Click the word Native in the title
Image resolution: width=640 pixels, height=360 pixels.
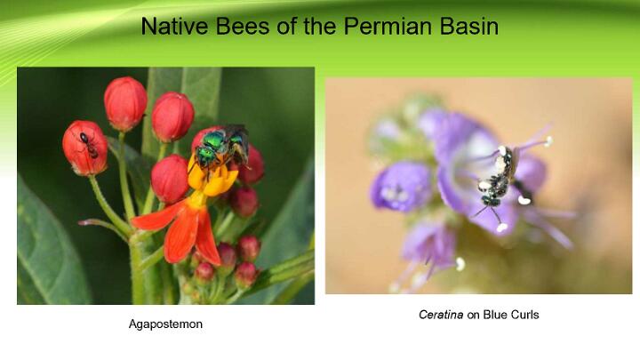(x=175, y=26)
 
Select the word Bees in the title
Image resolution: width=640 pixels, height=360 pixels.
(x=243, y=26)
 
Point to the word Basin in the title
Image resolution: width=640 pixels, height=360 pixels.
(x=469, y=26)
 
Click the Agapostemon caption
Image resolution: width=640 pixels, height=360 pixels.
(x=165, y=324)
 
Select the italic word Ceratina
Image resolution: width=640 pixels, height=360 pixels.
(x=441, y=315)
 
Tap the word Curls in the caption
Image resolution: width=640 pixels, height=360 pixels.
(x=524, y=315)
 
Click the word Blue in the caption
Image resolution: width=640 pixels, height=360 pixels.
(x=494, y=315)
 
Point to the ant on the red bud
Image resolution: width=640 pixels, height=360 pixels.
(x=89, y=145)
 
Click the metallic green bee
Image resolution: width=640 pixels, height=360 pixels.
(x=220, y=148)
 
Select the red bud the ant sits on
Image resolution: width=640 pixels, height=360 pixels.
(x=85, y=148)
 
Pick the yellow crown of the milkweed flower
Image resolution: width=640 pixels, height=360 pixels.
(x=212, y=178)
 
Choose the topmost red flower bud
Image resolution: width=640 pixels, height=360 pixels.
(x=125, y=104)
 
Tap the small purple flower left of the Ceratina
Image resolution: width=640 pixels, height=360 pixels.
(x=400, y=187)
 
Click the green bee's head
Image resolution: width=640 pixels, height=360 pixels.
(x=206, y=155)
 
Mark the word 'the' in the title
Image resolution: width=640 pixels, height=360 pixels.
(x=320, y=26)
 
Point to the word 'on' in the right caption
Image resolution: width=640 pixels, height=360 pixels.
(x=473, y=315)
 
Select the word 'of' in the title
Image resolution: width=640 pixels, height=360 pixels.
(x=286, y=26)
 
